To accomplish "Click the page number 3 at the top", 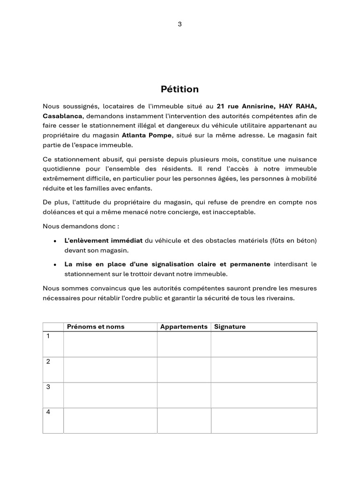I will click(x=180, y=24).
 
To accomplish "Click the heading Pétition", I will click(x=180, y=89).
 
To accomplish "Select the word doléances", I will click(x=57, y=212).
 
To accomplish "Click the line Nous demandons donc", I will click(x=81, y=226).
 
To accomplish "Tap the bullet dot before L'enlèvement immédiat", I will click(x=55, y=241).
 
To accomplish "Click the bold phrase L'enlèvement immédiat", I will click(x=103, y=240).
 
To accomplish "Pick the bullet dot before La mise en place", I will click(x=55, y=265).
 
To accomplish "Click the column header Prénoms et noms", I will click(x=96, y=327).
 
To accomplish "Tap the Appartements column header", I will click(x=184, y=327).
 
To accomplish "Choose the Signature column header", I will click(x=230, y=327).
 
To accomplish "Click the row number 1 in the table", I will click(x=47, y=337).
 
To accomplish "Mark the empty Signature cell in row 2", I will click(x=264, y=369).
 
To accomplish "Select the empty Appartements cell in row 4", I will click(x=184, y=420).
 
